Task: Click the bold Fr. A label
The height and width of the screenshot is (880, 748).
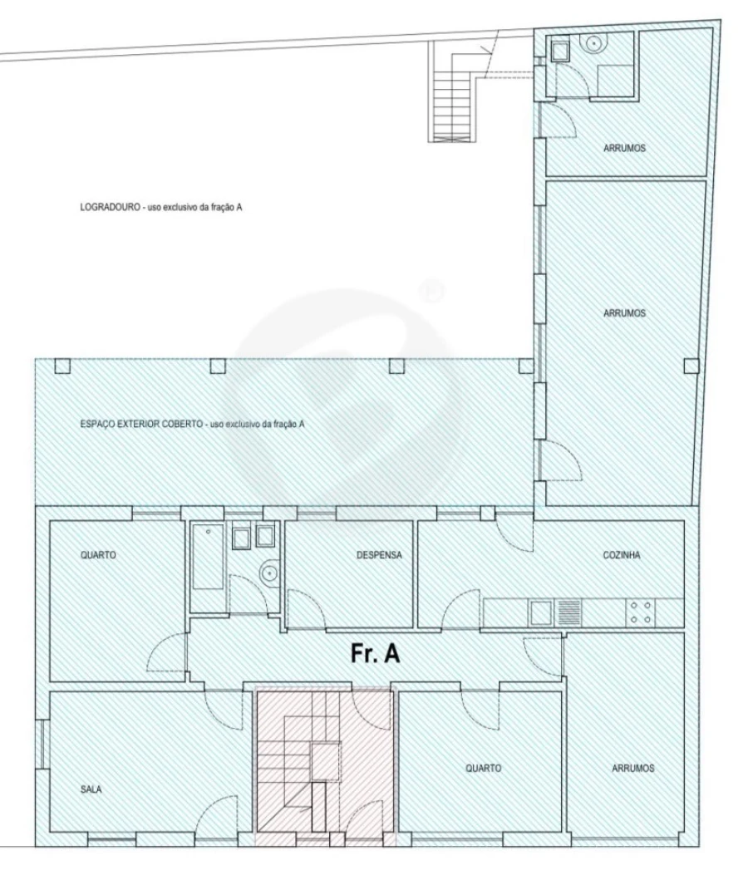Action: click(376, 653)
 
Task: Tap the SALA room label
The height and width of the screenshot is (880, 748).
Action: click(91, 790)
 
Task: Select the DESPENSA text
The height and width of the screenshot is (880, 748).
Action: click(374, 556)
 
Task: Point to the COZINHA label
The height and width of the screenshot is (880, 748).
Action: click(622, 556)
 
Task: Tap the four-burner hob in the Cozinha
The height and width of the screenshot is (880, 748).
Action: click(641, 613)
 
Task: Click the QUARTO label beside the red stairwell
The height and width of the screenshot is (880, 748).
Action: click(483, 769)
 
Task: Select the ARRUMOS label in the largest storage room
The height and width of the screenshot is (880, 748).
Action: click(623, 314)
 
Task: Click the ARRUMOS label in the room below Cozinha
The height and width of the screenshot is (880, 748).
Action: click(632, 769)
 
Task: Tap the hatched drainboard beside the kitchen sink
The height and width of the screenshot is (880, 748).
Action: click(568, 613)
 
